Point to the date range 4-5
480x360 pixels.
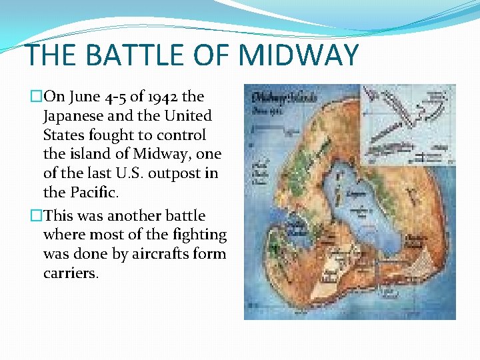pos(113,96)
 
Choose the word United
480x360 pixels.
pos(185,115)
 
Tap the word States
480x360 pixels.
pos(65,135)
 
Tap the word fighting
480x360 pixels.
pos(197,235)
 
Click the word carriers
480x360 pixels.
pos(71,273)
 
